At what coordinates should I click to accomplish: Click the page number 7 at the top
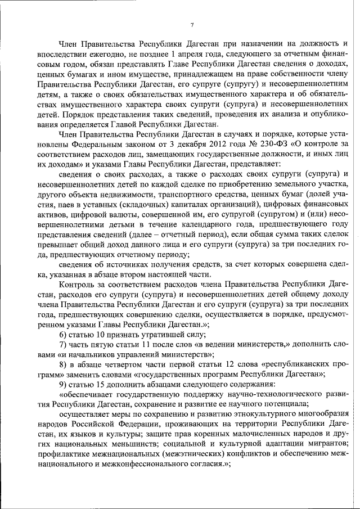click(192, 25)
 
